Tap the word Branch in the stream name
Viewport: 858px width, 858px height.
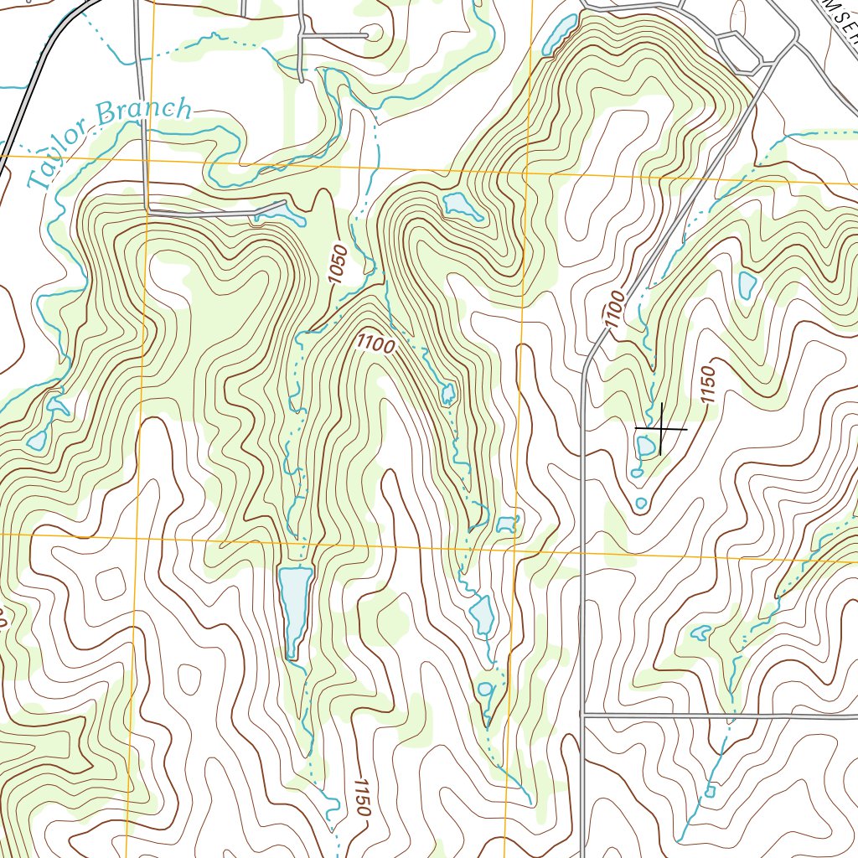point(143,113)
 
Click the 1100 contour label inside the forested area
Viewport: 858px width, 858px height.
point(375,342)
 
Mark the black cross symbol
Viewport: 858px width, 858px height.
point(661,429)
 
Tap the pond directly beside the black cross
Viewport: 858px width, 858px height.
point(646,446)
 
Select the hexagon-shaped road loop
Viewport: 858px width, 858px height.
point(738,52)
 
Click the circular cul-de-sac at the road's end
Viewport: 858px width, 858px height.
point(372,34)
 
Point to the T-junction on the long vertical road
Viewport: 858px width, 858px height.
point(582,715)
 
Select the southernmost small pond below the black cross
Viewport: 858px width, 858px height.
point(641,503)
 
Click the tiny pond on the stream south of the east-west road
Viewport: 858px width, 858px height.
point(710,790)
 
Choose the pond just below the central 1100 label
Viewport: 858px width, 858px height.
point(448,392)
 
